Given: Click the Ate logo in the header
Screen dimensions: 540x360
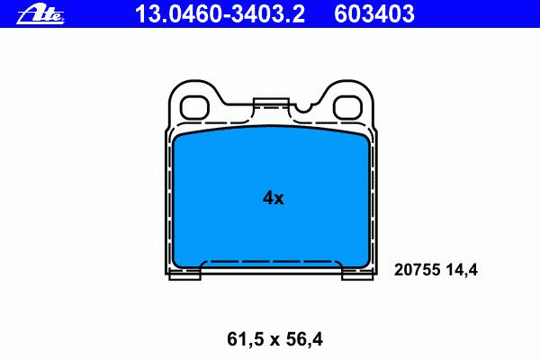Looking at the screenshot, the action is (40, 15).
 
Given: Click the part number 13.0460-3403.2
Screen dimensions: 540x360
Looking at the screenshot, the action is (220, 14).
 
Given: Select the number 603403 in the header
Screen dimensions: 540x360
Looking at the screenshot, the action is (374, 14).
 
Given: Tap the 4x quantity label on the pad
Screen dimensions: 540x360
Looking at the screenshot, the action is (273, 198).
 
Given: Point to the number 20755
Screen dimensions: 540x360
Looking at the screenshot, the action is (418, 270).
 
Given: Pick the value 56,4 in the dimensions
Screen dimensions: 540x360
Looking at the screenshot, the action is (304, 339).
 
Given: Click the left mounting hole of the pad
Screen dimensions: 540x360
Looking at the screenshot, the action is (195, 107).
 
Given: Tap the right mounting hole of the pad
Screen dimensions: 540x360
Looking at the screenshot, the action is (347, 107).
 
